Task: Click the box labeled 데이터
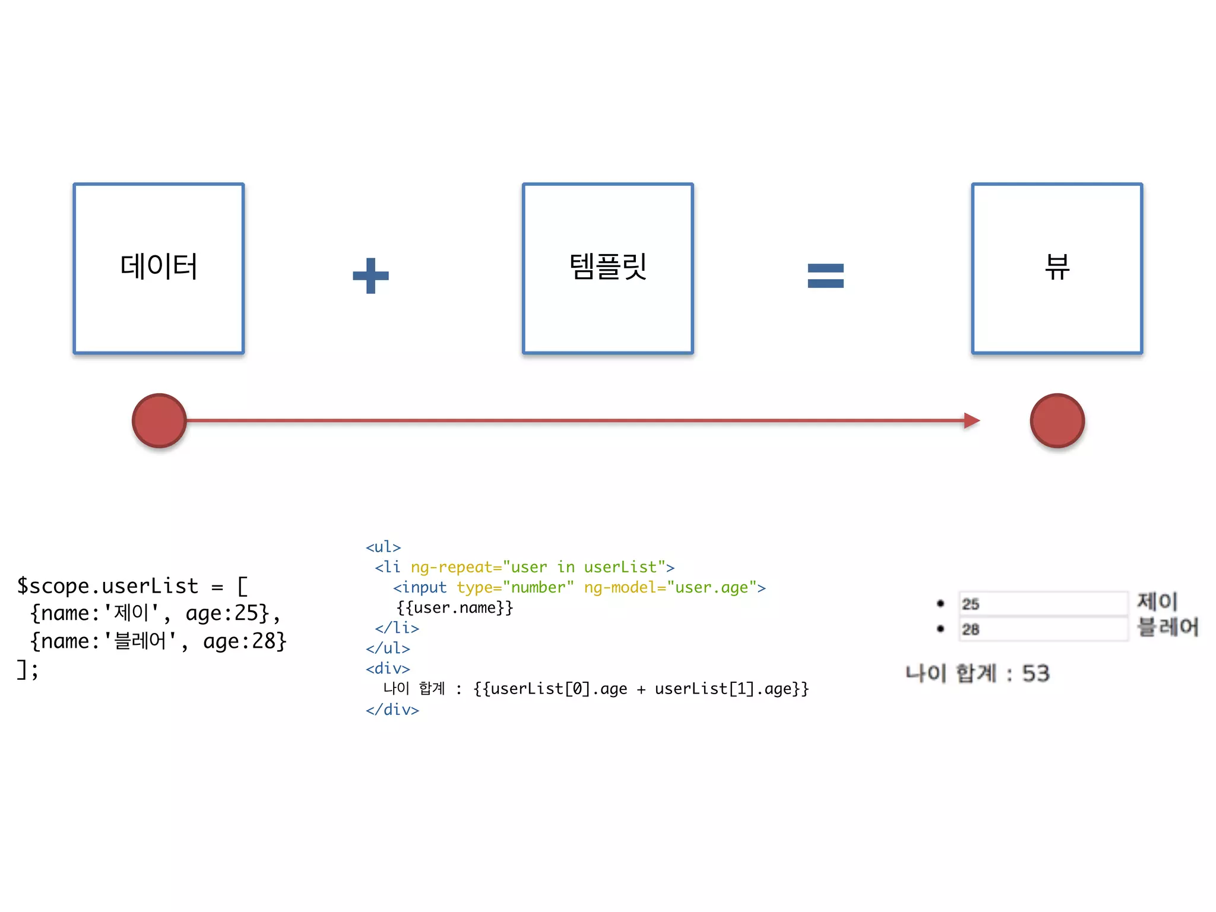[x=159, y=268]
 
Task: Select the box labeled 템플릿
[x=607, y=268]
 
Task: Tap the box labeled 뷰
[x=1057, y=268]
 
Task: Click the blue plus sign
[x=370, y=275]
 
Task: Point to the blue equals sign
[x=825, y=275]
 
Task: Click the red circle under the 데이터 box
[x=159, y=420]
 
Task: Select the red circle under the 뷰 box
[x=1057, y=420]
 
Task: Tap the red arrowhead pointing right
[x=971, y=420]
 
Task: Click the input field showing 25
[x=1043, y=604]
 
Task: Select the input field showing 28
[x=1043, y=629]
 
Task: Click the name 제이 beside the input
[x=1157, y=601]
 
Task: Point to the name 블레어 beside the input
[x=1167, y=627]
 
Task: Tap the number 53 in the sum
[x=1035, y=673]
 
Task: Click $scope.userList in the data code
[x=107, y=586]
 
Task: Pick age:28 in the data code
[x=240, y=641]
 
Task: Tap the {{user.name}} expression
[x=454, y=607]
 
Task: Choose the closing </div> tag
[x=392, y=710]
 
